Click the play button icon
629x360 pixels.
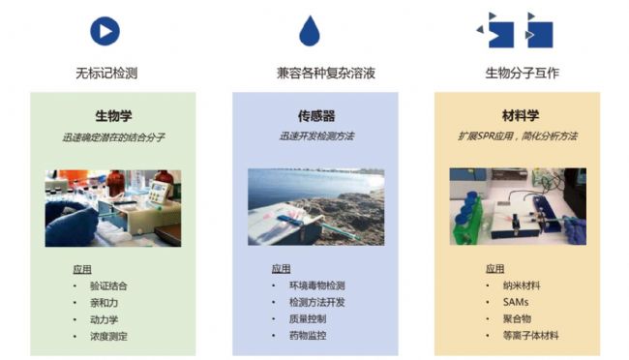[105, 31]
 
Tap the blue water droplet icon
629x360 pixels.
[309, 32]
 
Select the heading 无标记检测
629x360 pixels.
[105, 73]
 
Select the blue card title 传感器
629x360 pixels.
[314, 116]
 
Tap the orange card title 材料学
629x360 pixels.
[517, 116]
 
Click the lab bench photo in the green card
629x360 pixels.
[112, 207]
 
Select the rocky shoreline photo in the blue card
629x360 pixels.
[315, 207]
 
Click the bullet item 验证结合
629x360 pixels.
[108, 285]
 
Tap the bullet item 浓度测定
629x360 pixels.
[108, 336]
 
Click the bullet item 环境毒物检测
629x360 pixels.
[317, 285]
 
